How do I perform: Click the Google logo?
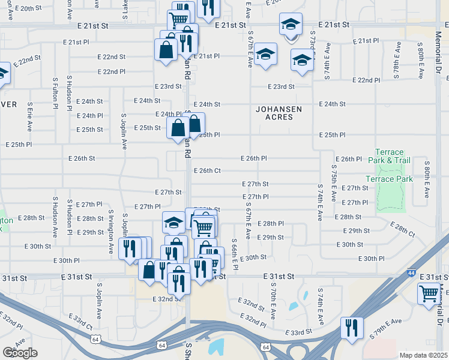click(x=20, y=352)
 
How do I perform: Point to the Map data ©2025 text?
click(x=423, y=355)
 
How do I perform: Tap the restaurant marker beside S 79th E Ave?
click(x=351, y=327)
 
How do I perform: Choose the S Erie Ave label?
click(x=29, y=117)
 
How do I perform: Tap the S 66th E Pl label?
click(x=235, y=257)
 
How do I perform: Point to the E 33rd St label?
click(x=298, y=331)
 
